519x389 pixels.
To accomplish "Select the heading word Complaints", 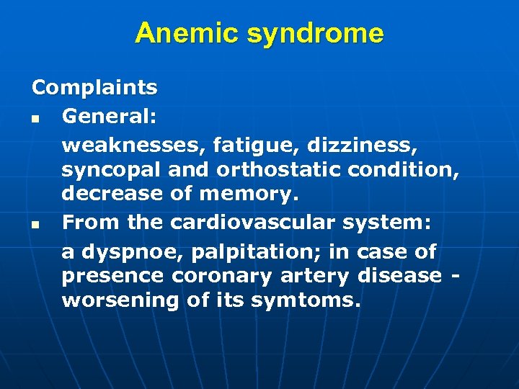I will (94, 88).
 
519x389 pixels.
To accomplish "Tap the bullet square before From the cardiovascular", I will (35, 225).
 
